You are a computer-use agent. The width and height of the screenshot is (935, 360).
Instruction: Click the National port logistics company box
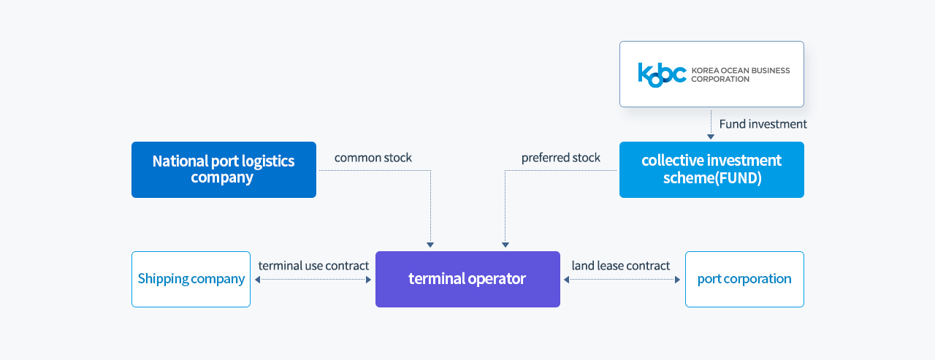pos(224,170)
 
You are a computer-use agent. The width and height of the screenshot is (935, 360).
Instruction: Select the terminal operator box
pos(467,279)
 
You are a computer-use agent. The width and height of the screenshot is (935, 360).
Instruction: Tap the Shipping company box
pos(191,279)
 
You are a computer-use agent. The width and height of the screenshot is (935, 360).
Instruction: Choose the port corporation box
pos(744,279)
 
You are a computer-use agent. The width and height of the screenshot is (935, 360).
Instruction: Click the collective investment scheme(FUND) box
pos(711,170)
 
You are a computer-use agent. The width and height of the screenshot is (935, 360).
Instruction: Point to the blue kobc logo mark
pos(662,74)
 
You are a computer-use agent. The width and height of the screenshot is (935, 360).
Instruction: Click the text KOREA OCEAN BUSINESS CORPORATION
pos(741,74)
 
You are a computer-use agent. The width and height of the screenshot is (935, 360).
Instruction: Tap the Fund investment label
pos(763,124)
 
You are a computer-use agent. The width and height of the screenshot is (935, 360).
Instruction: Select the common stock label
pos(373,158)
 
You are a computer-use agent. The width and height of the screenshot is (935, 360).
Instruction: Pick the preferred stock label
pos(560,158)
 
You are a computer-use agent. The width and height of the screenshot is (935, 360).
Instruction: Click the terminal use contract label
pos(313,266)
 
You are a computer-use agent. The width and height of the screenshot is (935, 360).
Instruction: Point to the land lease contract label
pos(621,266)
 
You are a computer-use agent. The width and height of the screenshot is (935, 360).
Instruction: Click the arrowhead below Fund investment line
pos(711,137)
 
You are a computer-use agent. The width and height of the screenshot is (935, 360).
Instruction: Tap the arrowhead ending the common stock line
pos(430,245)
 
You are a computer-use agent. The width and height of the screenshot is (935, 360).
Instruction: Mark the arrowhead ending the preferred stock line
pos(505,245)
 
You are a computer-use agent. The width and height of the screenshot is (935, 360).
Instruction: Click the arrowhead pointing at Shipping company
pos(258,280)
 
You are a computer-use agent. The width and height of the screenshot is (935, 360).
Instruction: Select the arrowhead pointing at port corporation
pos(677,280)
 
